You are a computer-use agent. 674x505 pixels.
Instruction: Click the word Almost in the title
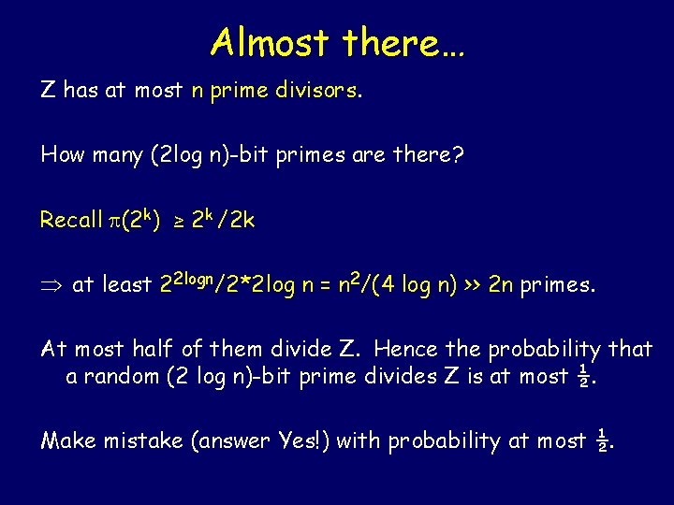pos(271,42)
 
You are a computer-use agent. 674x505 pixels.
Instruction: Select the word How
pos(62,154)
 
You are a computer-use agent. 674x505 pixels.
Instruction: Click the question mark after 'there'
pos(458,154)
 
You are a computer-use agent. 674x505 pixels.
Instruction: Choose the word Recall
pos(71,220)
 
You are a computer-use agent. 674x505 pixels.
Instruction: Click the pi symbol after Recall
pos(116,222)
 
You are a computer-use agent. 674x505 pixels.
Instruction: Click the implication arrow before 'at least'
pos(51,285)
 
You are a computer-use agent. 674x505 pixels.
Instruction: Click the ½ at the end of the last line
pos(604,440)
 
